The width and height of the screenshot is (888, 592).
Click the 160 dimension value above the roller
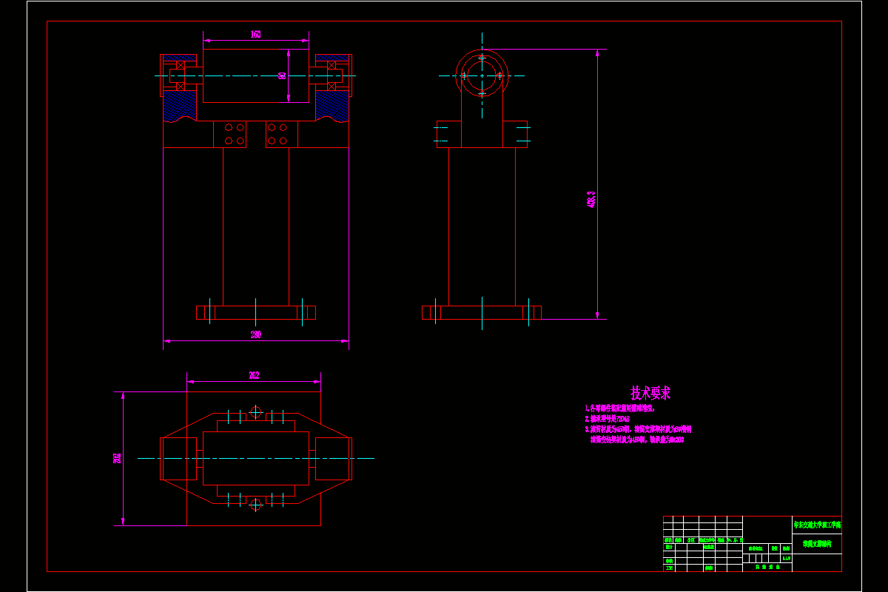pos(255,35)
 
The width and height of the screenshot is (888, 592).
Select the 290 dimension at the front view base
pos(256,335)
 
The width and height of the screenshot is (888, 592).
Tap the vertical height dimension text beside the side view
pos(591,199)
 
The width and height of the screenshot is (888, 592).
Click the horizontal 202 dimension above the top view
pos(254,376)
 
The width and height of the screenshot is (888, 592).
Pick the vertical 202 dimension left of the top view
pos(118,458)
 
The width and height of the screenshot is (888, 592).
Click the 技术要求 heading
pos(650,393)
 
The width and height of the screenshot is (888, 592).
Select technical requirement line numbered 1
pos(620,408)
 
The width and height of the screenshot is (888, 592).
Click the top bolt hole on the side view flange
pos(482,57)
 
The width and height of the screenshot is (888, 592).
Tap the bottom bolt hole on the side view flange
pos(482,94)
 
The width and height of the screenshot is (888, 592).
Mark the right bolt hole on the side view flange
pos(500,75)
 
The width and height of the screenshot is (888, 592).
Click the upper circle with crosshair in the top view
pos(256,412)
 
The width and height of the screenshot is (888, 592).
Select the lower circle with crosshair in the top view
pos(256,505)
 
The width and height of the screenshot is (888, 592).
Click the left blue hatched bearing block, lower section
pos(180,107)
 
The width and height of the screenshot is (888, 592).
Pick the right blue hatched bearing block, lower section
pos(332,107)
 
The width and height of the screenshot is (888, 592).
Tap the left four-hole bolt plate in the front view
pos(230,134)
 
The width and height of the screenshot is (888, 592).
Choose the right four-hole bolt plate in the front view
pos(282,134)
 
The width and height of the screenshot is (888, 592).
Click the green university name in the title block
pos(817,525)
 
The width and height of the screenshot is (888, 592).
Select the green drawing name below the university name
pos(817,544)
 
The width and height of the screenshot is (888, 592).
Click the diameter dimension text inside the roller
pos(282,75)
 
